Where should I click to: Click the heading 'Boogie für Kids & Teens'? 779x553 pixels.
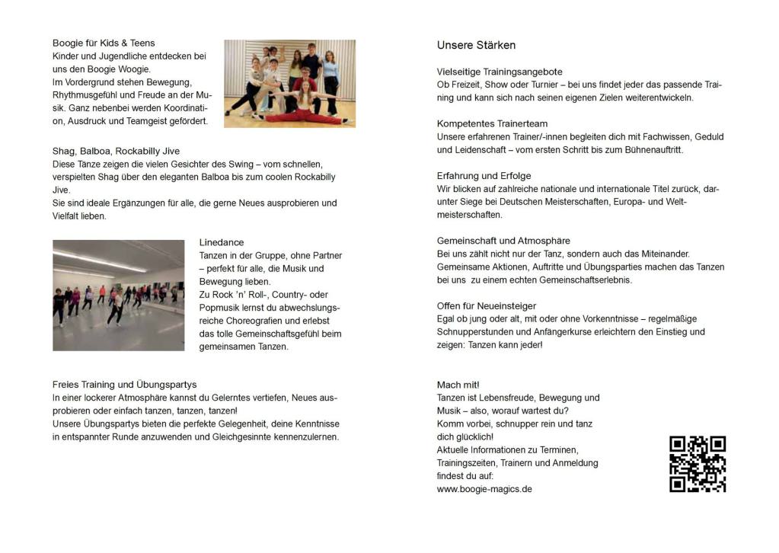[104, 43]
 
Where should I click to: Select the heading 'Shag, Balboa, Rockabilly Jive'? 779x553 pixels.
[116, 151]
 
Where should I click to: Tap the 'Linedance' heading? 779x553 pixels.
[222, 242]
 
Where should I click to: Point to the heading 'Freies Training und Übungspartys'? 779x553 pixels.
[124, 385]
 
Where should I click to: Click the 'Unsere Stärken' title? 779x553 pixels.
[476, 45]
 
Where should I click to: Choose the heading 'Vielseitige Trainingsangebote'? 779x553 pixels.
[500, 72]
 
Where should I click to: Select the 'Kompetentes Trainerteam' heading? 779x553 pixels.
[492, 123]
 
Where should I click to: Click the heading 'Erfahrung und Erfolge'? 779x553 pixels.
[484, 176]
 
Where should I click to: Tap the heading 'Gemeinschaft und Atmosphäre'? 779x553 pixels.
[503, 241]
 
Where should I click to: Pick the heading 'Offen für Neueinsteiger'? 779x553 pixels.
[487, 306]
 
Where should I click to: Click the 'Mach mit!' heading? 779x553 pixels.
[458, 385]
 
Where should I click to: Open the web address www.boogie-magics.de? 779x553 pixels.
[484, 489]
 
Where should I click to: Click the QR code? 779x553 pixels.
[697, 464]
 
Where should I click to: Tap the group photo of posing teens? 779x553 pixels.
[289, 83]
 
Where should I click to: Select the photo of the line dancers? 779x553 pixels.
[118, 296]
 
